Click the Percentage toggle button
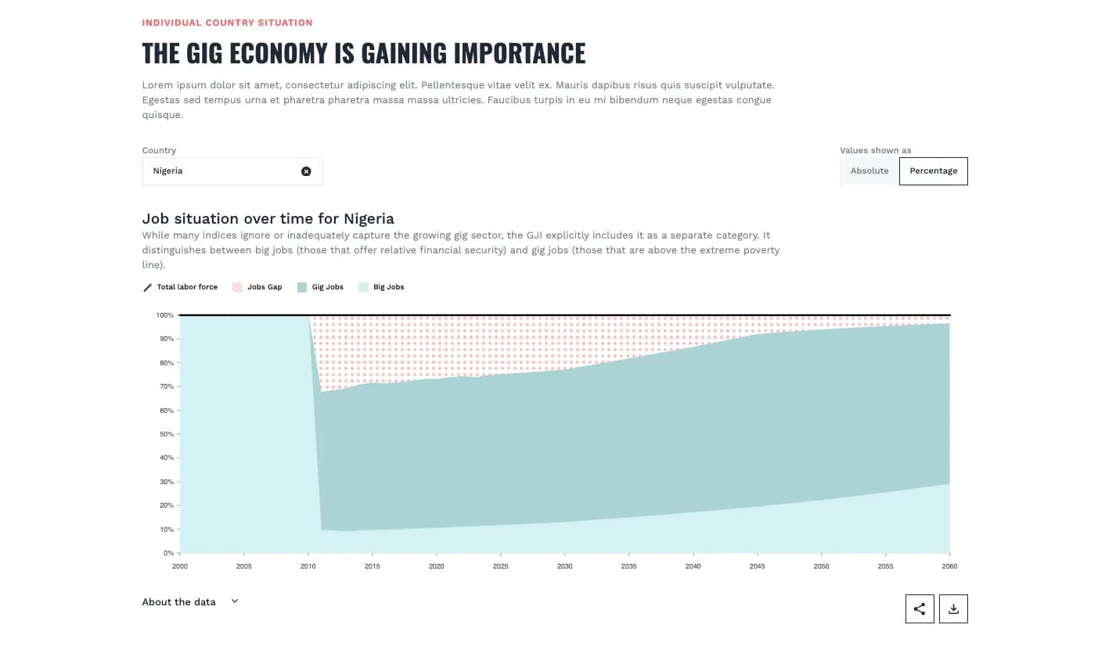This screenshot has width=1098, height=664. tap(933, 171)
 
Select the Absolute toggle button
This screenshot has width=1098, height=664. tap(869, 171)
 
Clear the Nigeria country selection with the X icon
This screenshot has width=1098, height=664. tap(306, 171)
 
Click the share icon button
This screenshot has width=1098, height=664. tap(920, 609)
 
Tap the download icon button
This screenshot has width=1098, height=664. tap(953, 609)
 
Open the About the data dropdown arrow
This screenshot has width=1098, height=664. tap(235, 601)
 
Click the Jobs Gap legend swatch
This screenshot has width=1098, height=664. tap(237, 287)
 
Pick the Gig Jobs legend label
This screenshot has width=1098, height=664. tap(327, 287)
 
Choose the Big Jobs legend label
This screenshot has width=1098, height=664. tap(388, 287)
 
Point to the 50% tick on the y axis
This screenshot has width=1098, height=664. tap(167, 434)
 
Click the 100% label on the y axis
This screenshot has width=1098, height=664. tap(164, 315)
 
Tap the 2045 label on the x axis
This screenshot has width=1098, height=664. tap(757, 565)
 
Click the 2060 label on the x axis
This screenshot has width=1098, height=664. tap(949, 565)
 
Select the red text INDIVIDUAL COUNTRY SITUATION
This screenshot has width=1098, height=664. tap(227, 23)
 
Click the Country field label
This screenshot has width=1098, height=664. tap(159, 150)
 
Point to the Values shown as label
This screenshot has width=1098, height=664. tap(875, 150)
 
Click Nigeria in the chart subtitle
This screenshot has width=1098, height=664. tap(369, 219)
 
